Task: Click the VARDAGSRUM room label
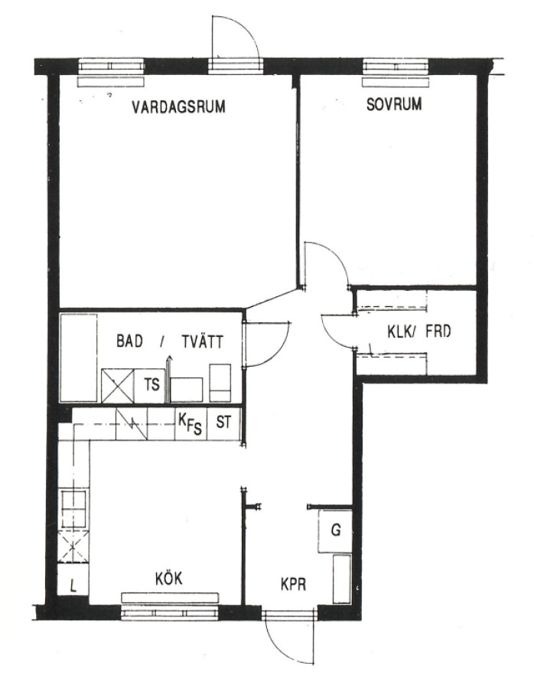tap(179, 106)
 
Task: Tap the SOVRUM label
tap(394, 104)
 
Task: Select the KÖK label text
tap(169, 578)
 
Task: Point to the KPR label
tap(293, 584)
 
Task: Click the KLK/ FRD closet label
tap(419, 331)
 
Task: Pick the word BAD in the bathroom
tap(129, 341)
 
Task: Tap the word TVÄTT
tap(203, 341)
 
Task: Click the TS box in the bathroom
tap(150, 385)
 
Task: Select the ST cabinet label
tap(223, 423)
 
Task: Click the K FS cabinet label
tap(190, 423)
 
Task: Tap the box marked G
tap(335, 531)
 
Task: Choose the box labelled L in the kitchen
tap(73, 586)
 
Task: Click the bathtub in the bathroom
tap(79, 358)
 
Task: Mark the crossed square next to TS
tap(117, 385)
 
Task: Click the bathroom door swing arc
tap(281, 351)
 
